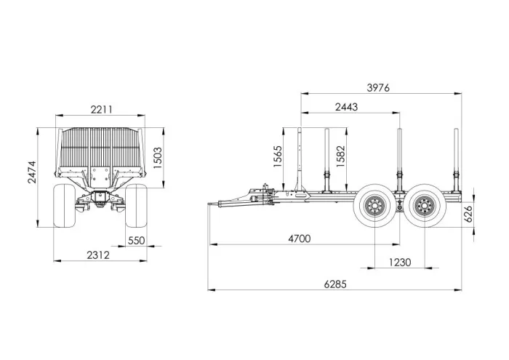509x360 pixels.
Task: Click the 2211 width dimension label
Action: tap(101, 109)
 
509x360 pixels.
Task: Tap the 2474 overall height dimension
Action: tap(32, 172)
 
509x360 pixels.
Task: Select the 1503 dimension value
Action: tap(158, 158)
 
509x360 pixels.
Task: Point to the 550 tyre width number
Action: tap(137, 241)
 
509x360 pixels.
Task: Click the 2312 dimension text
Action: tap(98, 255)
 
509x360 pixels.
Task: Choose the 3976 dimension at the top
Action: tap(378, 88)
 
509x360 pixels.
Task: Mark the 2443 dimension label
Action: tap(346, 107)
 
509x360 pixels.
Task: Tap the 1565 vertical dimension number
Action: tap(278, 157)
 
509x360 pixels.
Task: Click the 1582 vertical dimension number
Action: tap(341, 156)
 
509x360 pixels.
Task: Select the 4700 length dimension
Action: tap(300, 239)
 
